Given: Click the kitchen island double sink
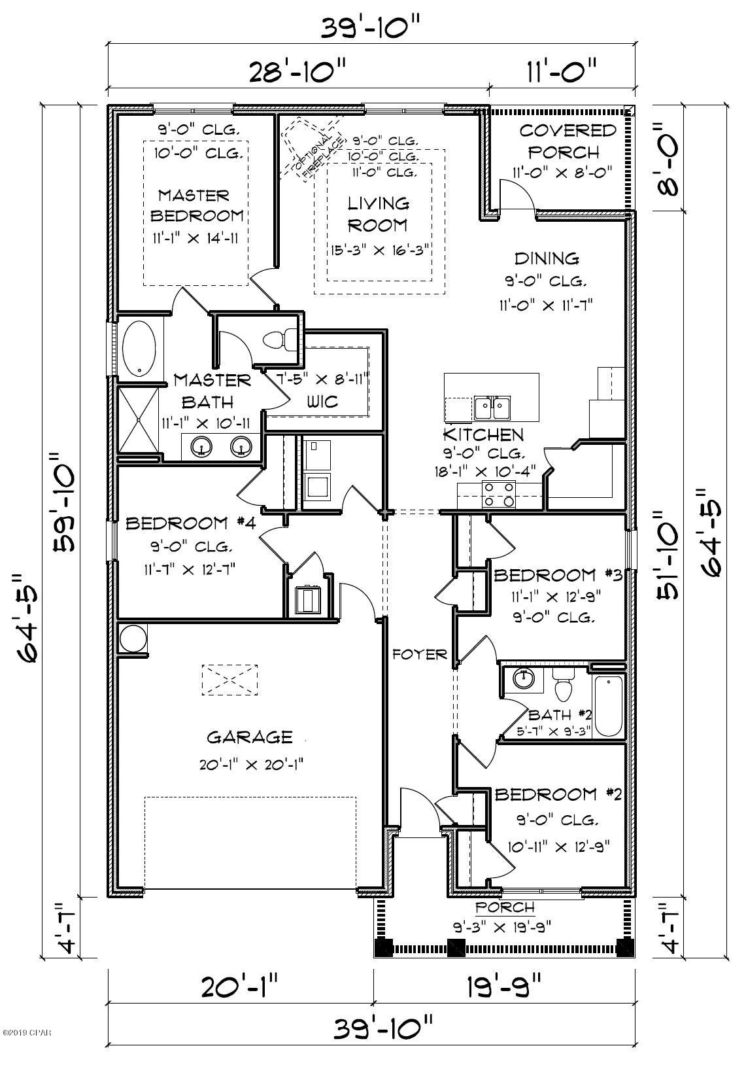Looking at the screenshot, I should [492, 408].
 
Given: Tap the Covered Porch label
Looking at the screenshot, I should [568, 141].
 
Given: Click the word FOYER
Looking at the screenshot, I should [419, 654].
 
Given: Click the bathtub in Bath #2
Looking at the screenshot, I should [608, 707].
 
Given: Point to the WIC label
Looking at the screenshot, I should [322, 401].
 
